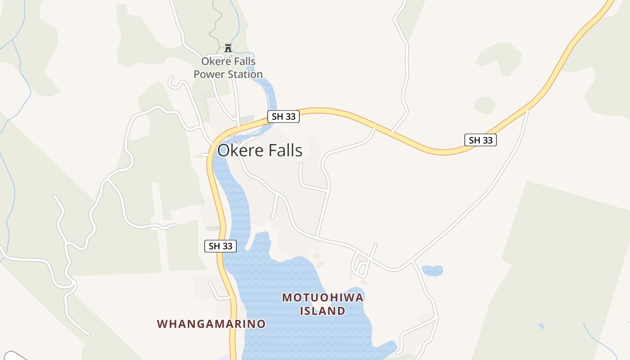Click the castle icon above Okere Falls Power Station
pos(228,48)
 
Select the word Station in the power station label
pos(246,74)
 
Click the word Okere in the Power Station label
pos(215,61)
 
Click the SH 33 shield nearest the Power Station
pos(283,117)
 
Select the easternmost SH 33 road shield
pos(481,140)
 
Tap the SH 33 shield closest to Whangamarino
pos(220,246)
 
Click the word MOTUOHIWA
pos(323,297)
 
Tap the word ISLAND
pos(323,311)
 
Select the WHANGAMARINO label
pos(211,324)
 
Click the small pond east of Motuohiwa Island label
pos(432,270)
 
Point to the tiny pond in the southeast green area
pos(541,326)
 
